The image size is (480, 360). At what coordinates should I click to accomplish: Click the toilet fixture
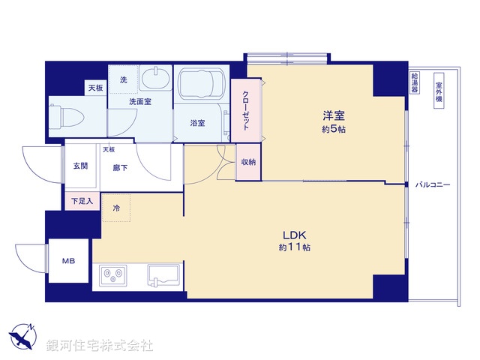[x=64, y=115]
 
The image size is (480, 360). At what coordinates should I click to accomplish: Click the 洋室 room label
[x=333, y=116]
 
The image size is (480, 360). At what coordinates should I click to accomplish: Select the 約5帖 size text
[x=333, y=129]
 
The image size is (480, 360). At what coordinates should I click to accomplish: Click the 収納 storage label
[x=248, y=163]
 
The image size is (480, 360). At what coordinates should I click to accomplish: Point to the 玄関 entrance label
[x=80, y=166]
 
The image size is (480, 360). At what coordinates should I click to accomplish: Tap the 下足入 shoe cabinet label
[x=81, y=201]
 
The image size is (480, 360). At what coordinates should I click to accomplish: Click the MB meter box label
[x=68, y=262]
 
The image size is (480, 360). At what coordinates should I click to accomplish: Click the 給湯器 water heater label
[x=414, y=82]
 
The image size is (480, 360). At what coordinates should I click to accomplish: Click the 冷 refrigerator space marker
[x=116, y=206]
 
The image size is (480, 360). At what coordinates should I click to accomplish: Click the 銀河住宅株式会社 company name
[x=99, y=346]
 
